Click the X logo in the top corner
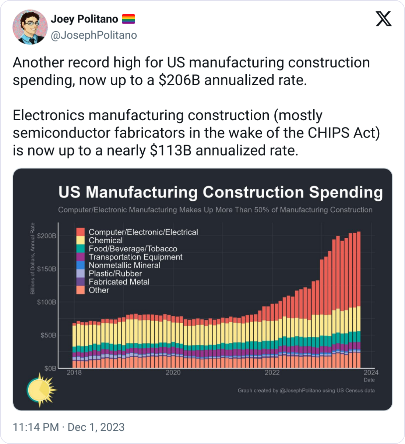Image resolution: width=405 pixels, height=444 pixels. (x=384, y=18)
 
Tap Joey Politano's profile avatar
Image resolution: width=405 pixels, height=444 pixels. (x=30, y=27)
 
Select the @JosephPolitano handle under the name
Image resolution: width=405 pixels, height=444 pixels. (x=94, y=35)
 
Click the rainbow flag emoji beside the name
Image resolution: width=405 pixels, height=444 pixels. (x=128, y=19)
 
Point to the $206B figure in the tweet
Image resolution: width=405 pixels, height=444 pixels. (x=179, y=80)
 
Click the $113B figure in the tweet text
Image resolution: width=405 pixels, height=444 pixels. (x=171, y=151)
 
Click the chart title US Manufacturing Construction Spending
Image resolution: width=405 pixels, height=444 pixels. (x=221, y=193)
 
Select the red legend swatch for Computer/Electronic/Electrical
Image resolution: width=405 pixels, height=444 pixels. (x=81, y=232)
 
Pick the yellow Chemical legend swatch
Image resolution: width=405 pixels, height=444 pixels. (x=81, y=241)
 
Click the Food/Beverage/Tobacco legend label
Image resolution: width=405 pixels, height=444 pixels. (x=133, y=249)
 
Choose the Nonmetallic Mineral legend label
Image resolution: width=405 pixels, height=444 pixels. (x=124, y=265)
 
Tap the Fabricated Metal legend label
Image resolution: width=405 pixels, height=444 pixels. (x=119, y=282)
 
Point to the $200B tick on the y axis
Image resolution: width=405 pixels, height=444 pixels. (x=47, y=236)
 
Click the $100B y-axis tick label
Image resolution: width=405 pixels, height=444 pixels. (x=47, y=302)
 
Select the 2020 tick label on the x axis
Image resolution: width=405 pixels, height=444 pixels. (x=173, y=372)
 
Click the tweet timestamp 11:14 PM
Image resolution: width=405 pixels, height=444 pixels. (x=36, y=427)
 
